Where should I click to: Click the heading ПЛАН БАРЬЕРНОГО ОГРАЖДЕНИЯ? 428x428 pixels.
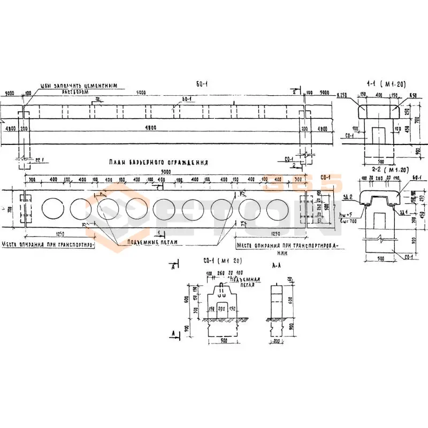pos(157,162)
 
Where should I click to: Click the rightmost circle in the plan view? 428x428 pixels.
pos(277,209)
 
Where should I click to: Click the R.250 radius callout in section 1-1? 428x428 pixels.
pos(343,95)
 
